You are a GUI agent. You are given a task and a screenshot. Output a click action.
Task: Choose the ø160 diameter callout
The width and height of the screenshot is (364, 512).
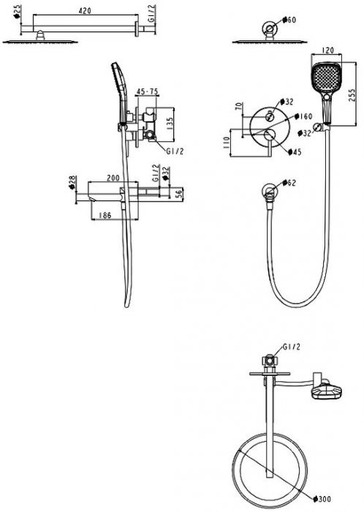tap(303, 116)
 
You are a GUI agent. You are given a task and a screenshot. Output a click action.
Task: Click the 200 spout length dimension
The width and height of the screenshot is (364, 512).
tap(113, 178)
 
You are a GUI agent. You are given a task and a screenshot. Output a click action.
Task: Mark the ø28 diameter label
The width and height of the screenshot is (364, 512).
tap(72, 181)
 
